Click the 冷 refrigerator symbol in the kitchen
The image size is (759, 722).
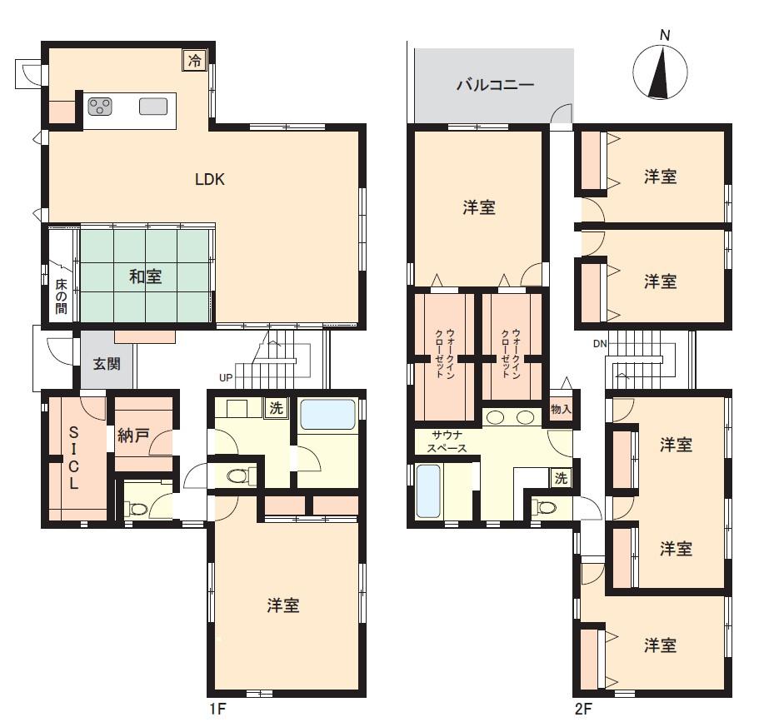pyautogui.click(x=195, y=61)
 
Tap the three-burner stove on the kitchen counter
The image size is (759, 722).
pyautogui.click(x=100, y=107)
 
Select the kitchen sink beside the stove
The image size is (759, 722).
pyautogui.click(x=153, y=107)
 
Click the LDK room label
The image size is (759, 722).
pyautogui.click(x=210, y=180)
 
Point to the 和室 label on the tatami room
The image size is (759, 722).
pyautogui.click(x=145, y=276)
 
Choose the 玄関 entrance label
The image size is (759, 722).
pyautogui.click(x=107, y=364)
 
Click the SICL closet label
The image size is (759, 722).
pyautogui.click(x=73, y=457)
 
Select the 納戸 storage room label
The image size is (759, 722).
pyautogui.click(x=133, y=436)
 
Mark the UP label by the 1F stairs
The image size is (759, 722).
pyautogui.click(x=226, y=378)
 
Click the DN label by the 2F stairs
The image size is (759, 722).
pyautogui.click(x=600, y=344)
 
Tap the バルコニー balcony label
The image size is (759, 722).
pyautogui.click(x=495, y=85)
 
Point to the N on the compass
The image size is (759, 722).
pyautogui.click(x=665, y=35)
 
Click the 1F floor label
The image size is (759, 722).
pyautogui.click(x=217, y=709)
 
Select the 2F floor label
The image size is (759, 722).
pyautogui.click(x=583, y=709)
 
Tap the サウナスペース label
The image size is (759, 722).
pyautogui.click(x=447, y=442)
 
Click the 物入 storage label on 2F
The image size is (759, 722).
pyautogui.click(x=561, y=410)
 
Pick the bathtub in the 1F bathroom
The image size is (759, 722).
pyautogui.click(x=328, y=414)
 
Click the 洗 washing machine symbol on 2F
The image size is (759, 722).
pyautogui.click(x=561, y=478)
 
